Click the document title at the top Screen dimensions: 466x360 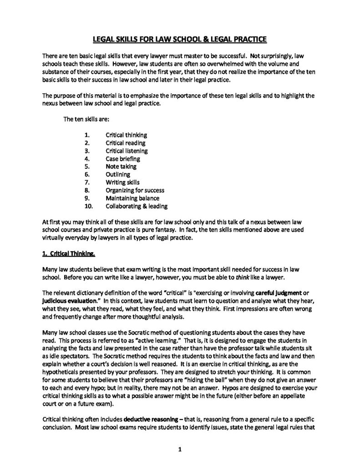(x=180, y=39)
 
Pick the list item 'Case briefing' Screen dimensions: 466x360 (x=123, y=159)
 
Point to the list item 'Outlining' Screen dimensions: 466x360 (x=118, y=174)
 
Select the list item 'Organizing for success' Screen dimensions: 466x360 (x=135, y=190)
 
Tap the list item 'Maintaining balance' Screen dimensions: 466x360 (x=132, y=198)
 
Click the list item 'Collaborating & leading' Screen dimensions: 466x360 (x=136, y=206)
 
